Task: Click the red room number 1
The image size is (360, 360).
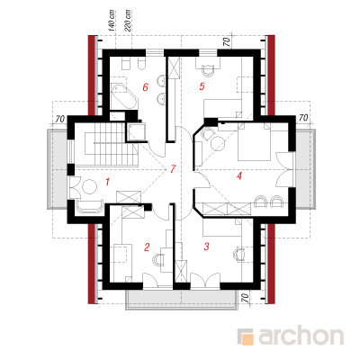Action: pos(108,182)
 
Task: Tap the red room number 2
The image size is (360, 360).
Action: pos(147,247)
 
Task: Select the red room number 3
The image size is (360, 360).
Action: pos(206,247)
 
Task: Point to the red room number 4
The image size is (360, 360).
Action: pos(239,175)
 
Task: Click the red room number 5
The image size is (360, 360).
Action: pos(202,86)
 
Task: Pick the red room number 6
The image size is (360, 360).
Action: pos(146,87)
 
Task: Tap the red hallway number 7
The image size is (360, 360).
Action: pos(172,169)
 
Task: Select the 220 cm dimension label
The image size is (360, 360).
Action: pos(127,21)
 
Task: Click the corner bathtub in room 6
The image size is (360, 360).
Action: pos(123,96)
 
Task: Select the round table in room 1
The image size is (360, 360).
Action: pos(89,187)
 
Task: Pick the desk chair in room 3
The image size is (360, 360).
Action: pos(239,254)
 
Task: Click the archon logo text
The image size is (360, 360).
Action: pos(301,337)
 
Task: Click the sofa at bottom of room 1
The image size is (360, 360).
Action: pos(90,206)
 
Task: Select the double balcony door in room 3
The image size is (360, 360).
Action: pos(205,282)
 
